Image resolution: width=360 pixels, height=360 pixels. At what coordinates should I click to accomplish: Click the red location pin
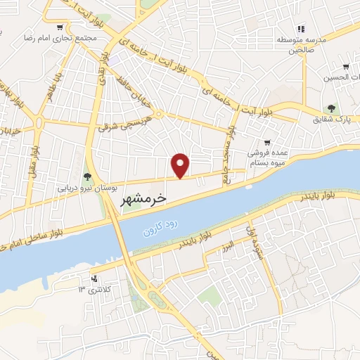point(181,165)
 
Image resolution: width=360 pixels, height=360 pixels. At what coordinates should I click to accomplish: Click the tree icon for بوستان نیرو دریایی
point(87,176)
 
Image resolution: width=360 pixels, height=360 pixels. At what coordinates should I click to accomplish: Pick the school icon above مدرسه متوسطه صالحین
point(300,29)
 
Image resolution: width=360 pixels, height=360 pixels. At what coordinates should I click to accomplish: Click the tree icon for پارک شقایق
point(330,108)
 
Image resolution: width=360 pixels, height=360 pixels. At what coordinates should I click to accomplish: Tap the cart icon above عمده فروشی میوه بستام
point(267,141)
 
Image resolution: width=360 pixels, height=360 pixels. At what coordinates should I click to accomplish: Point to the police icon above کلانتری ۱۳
point(96,278)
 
